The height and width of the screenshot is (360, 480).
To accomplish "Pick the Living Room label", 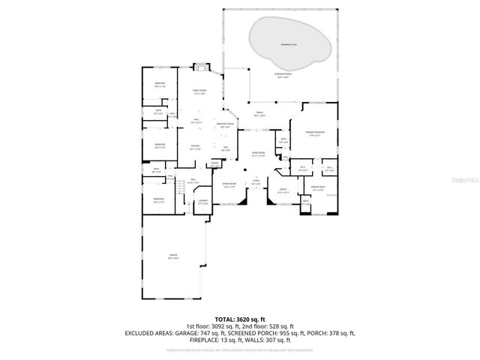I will click(x=259, y=154).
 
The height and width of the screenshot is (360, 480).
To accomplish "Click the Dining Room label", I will click(x=229, y=186).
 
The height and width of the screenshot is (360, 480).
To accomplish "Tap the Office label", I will click(x=283, y=191).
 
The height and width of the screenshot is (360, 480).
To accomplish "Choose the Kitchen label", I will click(x=195, y=148).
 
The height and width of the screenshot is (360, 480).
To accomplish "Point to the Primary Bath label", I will click(x=316, y=187).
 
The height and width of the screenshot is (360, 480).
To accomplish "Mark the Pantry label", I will click(x=214, y=164).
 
